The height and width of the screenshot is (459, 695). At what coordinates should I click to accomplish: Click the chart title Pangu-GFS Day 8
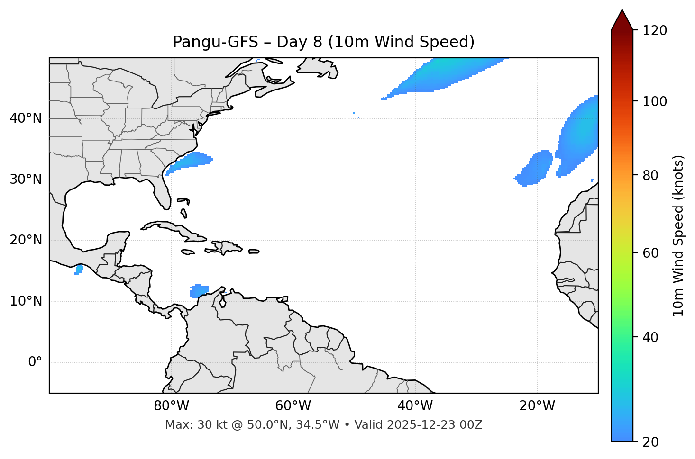pyautogui.click(x=323, y=42)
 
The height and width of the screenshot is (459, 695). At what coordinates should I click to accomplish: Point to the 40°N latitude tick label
pyautogui.click(x=26, y=118)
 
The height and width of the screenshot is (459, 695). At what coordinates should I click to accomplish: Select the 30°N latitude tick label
pyautogui.click(x=26, y=180)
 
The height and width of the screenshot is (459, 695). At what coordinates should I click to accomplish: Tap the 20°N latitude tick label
pyautogui.click(x=26, y=240)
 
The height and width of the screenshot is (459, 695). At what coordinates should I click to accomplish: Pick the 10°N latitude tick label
pyautogui.click(x=26, y=301)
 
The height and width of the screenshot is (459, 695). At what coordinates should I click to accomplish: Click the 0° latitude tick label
pyautogui.click(x=35, y=362)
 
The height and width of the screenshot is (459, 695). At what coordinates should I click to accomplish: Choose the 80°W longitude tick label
pyautogui.click(x=171, y=406)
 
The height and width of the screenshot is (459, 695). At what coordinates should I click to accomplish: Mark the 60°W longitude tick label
pyautogui.click(x=293, y=406)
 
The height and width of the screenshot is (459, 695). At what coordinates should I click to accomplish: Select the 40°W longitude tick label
pyautogui.click(x=415, y=406)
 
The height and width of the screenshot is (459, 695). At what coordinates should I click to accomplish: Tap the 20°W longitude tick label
pyautogui.click(x=537, y=406)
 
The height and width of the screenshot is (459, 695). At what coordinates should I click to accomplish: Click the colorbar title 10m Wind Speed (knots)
pyautogui.click(x=679, y=235)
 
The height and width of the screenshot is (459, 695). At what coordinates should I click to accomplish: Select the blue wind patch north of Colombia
pyautogui.click(x=199, y=290)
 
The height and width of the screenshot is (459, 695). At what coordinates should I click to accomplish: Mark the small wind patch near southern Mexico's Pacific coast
pyautogui.click(x=79, y=270)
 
